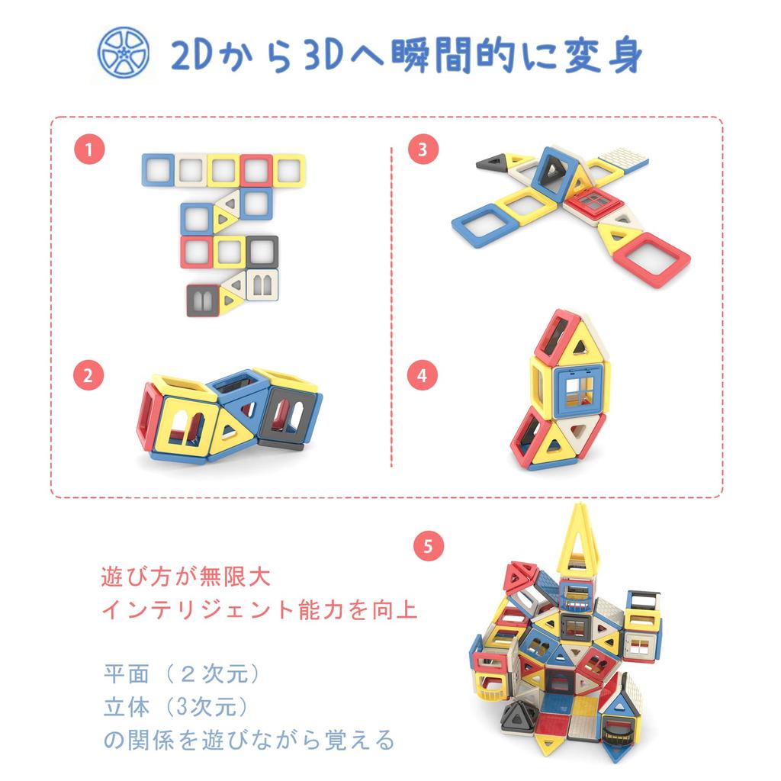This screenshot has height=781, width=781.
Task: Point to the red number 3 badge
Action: pos(423,149)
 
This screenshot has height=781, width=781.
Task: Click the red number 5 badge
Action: pos(428,545)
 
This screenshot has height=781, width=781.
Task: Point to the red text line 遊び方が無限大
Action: pos(185,577)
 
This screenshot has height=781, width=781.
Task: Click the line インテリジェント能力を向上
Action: pos(260,610)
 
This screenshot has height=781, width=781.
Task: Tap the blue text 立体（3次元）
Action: pos(176,707)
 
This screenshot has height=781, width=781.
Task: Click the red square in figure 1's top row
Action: pos(257,170)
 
